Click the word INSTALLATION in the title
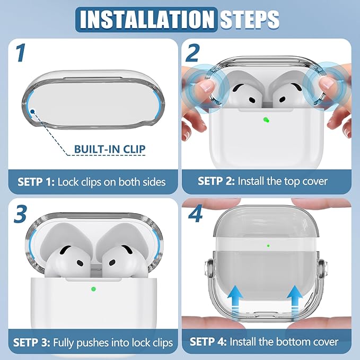click(x=147, y=19)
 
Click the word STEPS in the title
click(x=250, y=19)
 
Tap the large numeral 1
click(x=21, y=53)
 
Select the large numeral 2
click(x=192, y=53)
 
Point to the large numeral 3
click(x=21, y=214)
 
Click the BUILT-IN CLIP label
click(x=110, y=149)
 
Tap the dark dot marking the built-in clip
click(x=32, y=111)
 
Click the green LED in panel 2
click(x=266, y=120)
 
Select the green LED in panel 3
click(x=93, y=289)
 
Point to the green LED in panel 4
click(x=268, y=246)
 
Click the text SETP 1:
click(x=36, y=182)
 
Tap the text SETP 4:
click(x=208, y=341)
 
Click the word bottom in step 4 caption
click(x=293, y=341)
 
